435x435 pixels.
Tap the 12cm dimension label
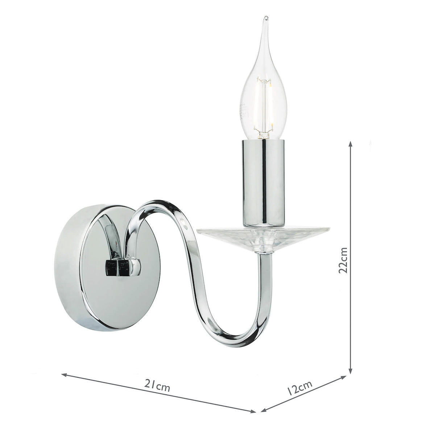[x=299, y=389]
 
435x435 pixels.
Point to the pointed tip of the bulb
[x=266, y=18]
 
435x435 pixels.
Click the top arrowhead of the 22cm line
[x=350, y=143]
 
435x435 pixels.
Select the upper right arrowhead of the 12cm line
[x=345, y=378]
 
